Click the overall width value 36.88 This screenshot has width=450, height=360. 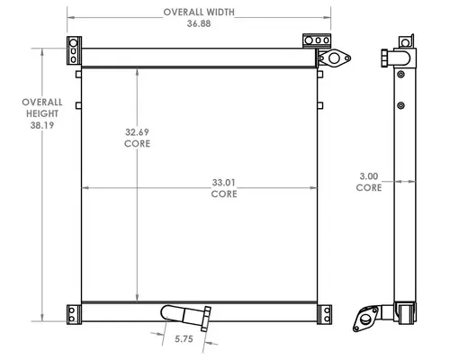[199, 23]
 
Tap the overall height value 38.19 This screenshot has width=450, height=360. [42, 125]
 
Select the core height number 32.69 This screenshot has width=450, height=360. [137, 132]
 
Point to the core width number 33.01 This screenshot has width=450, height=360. [224, 183]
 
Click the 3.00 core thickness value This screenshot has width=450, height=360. [369, 176]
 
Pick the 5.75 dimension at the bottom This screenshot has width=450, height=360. [184, 339]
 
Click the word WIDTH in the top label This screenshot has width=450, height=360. [220, 13]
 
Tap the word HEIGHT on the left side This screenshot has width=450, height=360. [42, 113]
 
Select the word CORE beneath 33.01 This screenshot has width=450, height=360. [224, 193]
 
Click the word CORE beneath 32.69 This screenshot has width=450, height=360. [137, 143]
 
